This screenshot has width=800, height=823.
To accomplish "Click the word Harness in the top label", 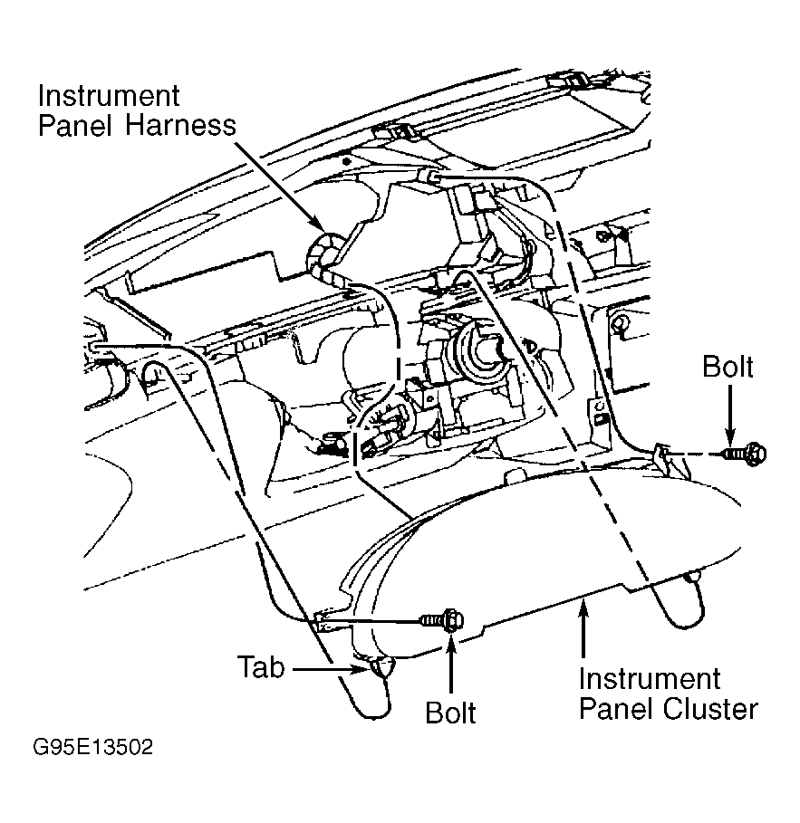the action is (x=180, y=125).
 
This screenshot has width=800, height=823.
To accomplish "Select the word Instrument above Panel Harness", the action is (x=109, y=96).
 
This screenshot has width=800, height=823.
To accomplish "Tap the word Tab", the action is (x=261, y=667).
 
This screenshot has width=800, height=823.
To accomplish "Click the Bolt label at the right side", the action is (x=728, y=367).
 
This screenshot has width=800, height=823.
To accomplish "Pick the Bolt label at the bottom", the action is (x=450, y=713).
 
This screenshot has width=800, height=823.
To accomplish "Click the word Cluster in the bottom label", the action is (x=710, y=709).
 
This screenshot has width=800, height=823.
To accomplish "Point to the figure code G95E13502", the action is (x=93, y=747).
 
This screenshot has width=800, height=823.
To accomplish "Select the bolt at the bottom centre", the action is (x=442, y=620).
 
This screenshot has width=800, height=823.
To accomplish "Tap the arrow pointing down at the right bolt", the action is (x=729, y=414).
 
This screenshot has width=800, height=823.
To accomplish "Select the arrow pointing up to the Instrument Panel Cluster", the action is (x=583, y=629).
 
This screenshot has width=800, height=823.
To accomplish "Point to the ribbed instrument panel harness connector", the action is (x=324, y=256).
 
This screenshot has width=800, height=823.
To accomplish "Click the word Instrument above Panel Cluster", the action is (x=650, y=679).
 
